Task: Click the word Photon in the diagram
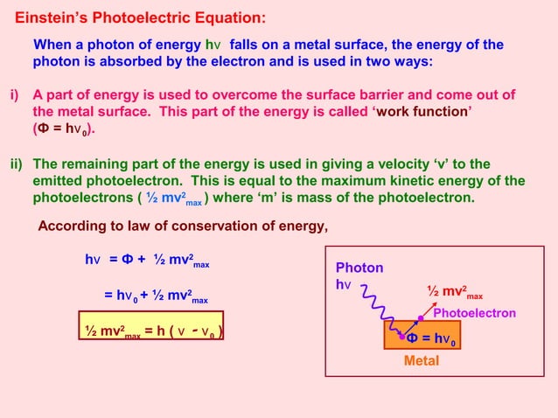click(359, 268)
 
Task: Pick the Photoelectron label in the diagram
click(474, 313)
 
